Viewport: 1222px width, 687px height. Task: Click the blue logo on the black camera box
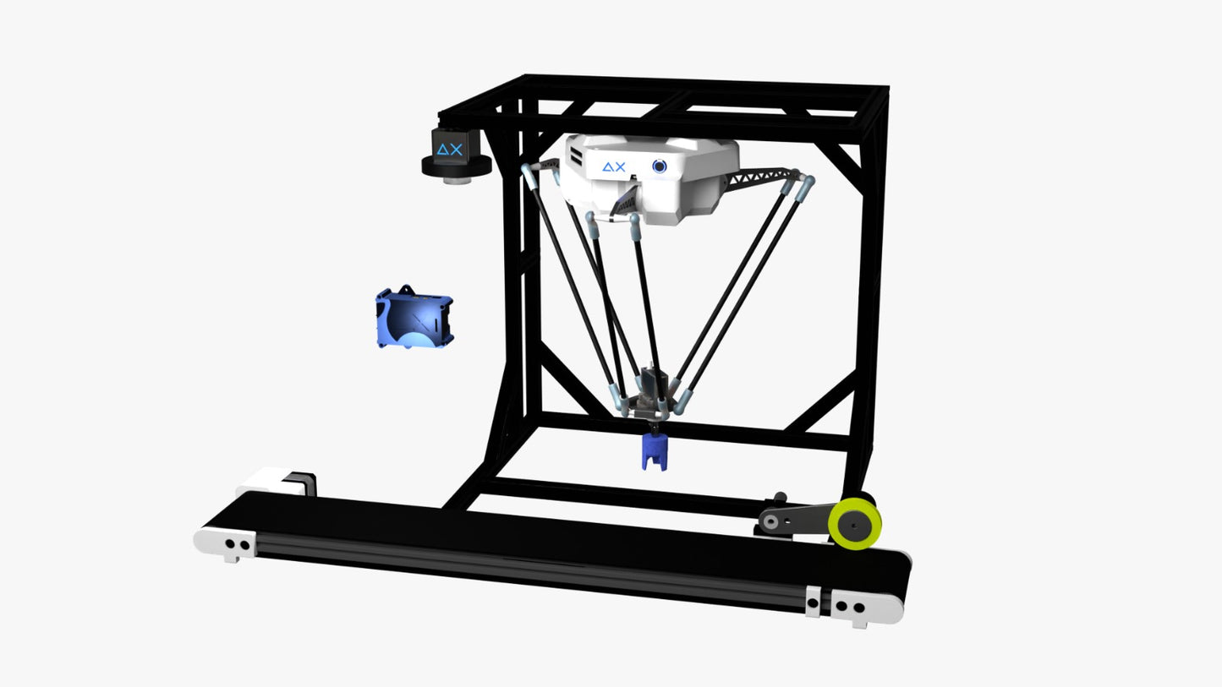[450, 149]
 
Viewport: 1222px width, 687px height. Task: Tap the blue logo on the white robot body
[614, 166]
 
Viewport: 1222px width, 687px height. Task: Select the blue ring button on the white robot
[659, 166]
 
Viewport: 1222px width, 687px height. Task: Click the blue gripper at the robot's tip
[654, 451]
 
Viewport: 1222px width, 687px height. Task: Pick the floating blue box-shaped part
[414, 318]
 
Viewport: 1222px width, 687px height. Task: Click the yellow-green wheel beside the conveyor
[854, 523]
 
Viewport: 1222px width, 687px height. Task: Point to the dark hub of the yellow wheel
[852, 526]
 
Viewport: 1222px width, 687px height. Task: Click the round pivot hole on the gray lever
[770, 521]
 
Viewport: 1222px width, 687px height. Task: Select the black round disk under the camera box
[456, 166]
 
